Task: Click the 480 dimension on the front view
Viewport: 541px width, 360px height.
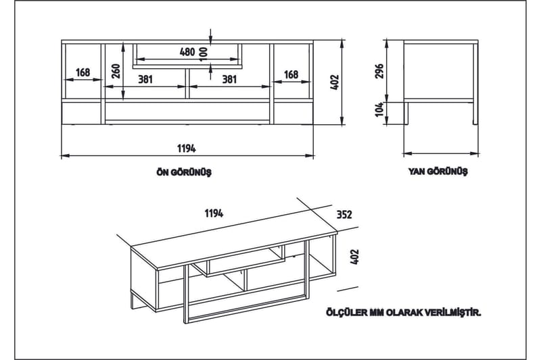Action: point(187,52)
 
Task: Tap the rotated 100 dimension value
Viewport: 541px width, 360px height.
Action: point(204,52)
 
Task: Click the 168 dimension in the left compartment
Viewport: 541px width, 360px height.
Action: point(83,73)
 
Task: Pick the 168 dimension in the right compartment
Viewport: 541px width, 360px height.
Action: point(291,74)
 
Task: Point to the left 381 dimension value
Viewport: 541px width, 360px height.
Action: point(145,79)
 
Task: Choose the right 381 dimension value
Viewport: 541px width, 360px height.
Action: point(229,79)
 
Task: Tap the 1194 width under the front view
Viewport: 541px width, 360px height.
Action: point(187,147)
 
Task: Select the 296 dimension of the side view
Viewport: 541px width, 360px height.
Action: point(379,71)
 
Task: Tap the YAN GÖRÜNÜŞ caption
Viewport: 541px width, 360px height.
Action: point(438,172)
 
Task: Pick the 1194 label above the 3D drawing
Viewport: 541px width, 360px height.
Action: point(214,213)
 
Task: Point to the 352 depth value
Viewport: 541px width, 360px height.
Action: point(344,215)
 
